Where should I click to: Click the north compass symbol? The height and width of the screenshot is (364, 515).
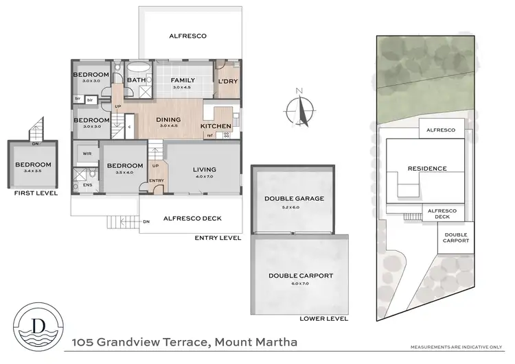pos(299,108)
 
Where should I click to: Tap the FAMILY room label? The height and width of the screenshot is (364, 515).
pos(183,80)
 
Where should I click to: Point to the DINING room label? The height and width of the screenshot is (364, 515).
pos(168,120)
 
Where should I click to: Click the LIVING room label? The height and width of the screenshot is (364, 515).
pos(204,169)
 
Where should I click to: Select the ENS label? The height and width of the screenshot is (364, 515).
pos(87,184)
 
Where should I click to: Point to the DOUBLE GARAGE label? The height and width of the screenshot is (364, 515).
pos(294,199)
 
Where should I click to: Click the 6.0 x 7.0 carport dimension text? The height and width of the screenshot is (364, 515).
pos(301,283)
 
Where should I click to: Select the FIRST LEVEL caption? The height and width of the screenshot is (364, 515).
pos(36,193)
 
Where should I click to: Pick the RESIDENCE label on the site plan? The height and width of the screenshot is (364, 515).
pos(427,169)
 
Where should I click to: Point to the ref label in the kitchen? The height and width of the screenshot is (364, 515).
pos(209,135)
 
